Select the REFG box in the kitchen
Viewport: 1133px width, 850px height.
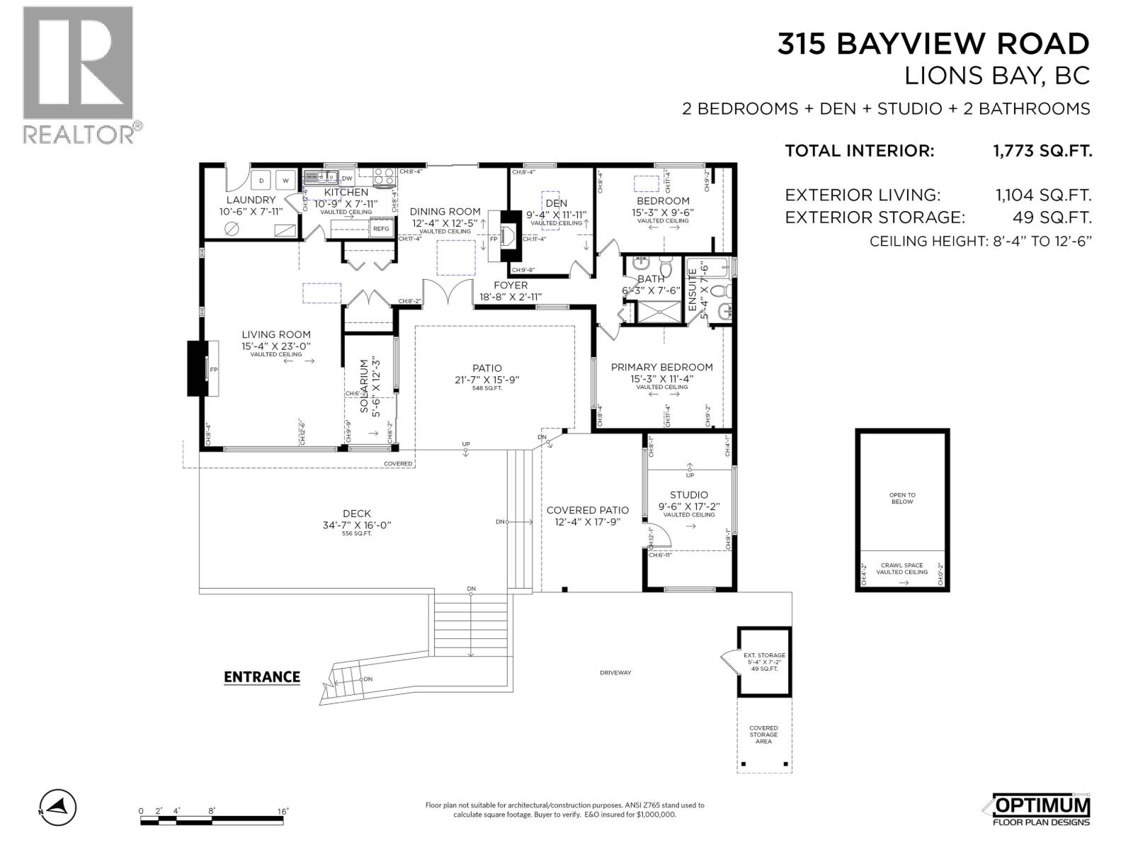381,228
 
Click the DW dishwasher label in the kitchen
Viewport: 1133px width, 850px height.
347,178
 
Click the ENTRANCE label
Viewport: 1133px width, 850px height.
262,677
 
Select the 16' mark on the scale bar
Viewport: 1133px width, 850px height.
283,811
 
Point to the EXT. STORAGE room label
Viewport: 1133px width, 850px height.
764,656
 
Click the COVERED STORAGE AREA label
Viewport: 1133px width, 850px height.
763,735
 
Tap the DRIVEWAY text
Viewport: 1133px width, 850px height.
615,672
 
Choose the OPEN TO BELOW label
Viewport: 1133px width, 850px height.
902,498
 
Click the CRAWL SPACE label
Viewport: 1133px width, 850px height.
902,565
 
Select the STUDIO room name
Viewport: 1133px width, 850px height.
689,495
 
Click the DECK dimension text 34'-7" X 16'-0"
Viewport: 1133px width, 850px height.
356,525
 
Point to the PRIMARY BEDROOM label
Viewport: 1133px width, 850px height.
661,367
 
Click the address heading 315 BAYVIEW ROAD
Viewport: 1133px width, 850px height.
933,44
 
